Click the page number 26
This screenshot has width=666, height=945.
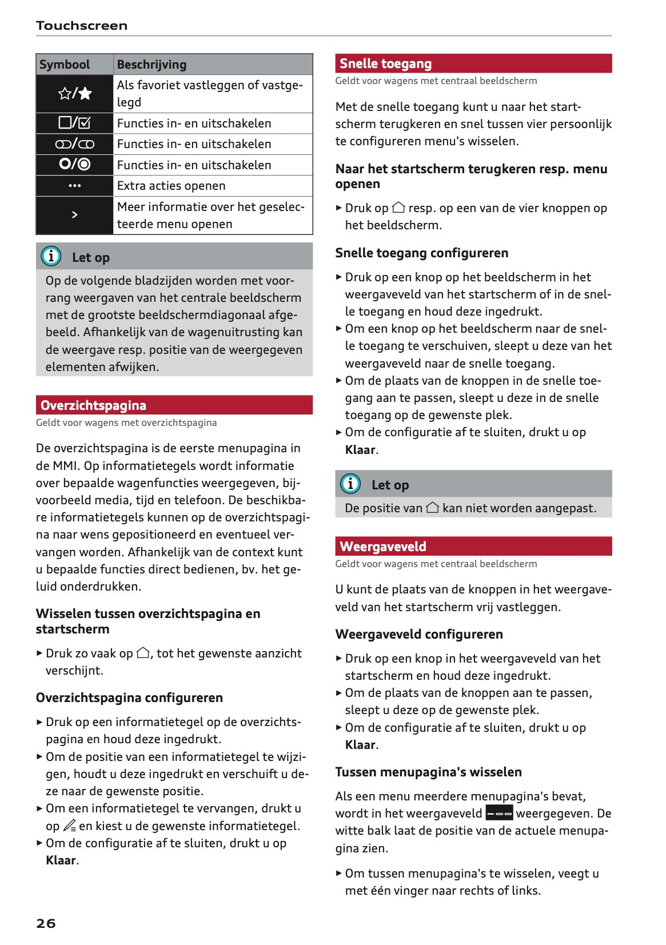pyautogui.click(x=46, y=923)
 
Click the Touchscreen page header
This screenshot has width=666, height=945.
pyautogui.click(x=81, y=26)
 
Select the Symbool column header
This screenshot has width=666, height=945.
pyautogui.click(x=65, y=65)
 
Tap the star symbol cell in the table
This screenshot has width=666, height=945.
pyautogui.click(x=75, y=93)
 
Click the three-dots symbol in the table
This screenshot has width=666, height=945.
pyautogui.click(x=75, y=186)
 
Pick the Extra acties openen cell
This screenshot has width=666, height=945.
pyautogui.click(x=171, y=186)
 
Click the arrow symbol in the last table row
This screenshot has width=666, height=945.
pyautogui.click(x=75, y=215)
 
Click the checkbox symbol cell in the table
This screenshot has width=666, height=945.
pyautogui.click(x=75, y=123)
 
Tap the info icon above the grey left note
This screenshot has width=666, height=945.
pyautogui.click(x=51, y=256)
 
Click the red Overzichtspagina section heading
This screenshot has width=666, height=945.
pyautogui.click(x=93, y=405)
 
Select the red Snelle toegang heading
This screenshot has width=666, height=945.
pyautogui.click(x=385, y=63)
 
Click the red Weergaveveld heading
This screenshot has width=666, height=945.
pyautogui.click(x=382, y=547)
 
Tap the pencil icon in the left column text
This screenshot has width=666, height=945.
pyautogui.click(x=69, y=826)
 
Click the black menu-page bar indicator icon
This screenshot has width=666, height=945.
pyautogui.click(x=498, y=813)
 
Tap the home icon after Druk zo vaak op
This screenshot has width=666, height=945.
pyautogui.click(x=143, y=652)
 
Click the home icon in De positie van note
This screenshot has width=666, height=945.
pyautogui.click(x=432, y=507)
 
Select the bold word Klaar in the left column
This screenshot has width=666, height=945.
pyautogui.click(x=61, y=860)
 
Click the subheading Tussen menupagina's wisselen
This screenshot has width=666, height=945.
pyautogui.click(x=428, y=772)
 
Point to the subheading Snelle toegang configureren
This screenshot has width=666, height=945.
pyautogui.click(x=421, y=253)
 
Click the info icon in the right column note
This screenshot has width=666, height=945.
pyautogui.click(x=350, y=484)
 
